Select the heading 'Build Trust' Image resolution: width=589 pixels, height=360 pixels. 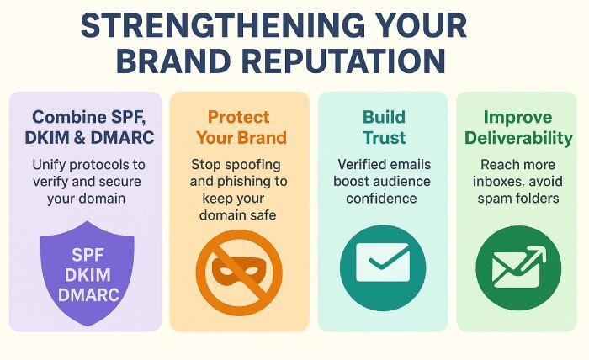pyautogui.click(x=383, y=127)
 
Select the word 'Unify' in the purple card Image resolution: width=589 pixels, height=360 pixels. pyautogui.click(x=51, y=163)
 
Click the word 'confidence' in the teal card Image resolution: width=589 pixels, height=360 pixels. pyautogui.click(x=383, y=199)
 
